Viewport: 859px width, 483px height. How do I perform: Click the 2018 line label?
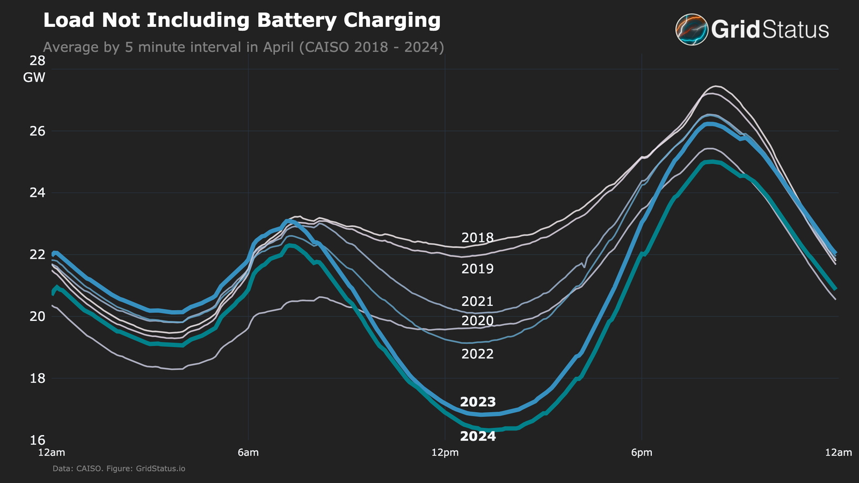tap(477, 238)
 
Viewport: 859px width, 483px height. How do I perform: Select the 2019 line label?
tap(477, 269)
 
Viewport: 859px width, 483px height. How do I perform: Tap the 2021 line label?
tap(477, 301)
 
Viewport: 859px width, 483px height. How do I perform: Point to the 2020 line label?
tap(477, 321)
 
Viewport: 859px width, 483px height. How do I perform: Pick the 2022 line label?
tap(477, 354)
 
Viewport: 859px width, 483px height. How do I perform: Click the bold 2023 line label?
tap(478, 402)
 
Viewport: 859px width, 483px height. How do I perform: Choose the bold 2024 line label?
tap(478, 436)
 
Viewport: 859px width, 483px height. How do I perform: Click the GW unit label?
tap(34, 78)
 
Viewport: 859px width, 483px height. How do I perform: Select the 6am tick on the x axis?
tap(248, 452)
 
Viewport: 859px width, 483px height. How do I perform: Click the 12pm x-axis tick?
tap(445, 452)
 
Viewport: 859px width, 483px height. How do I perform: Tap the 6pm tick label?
tap(642, 452)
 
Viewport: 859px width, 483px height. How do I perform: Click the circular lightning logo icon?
tap(691, 30)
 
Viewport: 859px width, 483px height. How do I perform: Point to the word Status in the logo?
tap(796, 30)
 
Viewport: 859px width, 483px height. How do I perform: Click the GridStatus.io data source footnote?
tap(119, 469)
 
